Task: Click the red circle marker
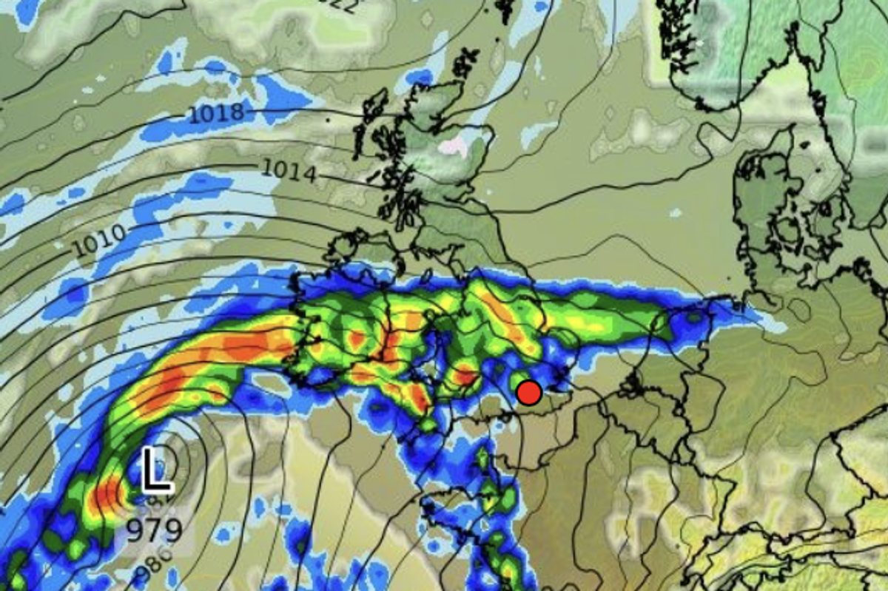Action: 528,392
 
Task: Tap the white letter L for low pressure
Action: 156,469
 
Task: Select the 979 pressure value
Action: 153,530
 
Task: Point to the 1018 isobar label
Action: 215,113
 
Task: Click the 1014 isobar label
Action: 289,171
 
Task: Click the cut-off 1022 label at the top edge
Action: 340,6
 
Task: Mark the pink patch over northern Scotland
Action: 454,146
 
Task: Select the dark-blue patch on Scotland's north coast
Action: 420,77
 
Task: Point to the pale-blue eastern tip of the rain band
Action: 770,322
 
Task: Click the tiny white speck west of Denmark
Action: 675,213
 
